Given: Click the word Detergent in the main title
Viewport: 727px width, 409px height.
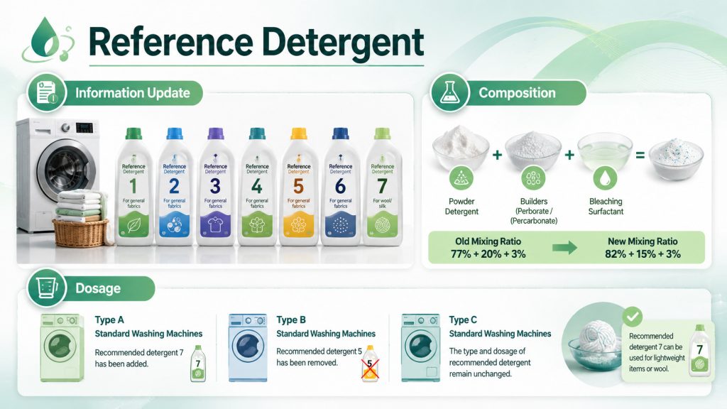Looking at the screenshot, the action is (343, 42).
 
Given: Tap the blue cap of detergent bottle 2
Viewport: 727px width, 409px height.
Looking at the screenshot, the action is (175, 133).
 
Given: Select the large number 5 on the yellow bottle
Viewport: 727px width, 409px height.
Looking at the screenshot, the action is (298, 187).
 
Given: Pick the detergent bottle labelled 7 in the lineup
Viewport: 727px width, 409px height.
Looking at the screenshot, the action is (383, 186).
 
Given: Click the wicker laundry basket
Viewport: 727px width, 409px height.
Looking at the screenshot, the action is (81, 232).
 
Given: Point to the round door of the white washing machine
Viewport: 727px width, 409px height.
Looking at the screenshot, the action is (64, 167).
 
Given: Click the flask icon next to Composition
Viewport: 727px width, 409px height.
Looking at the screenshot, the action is (449, 92).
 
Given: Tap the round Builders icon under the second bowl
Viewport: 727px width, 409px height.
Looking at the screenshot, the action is (533, 178).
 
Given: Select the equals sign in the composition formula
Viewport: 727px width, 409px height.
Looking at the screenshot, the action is (640, 156).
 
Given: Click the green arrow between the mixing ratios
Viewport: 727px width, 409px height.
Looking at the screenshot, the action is (564, 248).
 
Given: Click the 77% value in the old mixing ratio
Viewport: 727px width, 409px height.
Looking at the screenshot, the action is (461, 254).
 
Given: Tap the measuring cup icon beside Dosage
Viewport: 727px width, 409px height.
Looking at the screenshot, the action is (47, 288).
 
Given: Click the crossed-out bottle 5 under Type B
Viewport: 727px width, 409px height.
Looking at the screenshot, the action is (369, 364).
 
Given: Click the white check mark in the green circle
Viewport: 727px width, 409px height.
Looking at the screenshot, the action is (633, 317).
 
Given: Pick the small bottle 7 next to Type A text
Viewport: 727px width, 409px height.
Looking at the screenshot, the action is (198, 364).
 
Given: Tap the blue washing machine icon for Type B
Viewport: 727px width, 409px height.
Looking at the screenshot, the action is (248, 347).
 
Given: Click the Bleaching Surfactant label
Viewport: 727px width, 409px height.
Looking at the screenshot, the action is (606, 207).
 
